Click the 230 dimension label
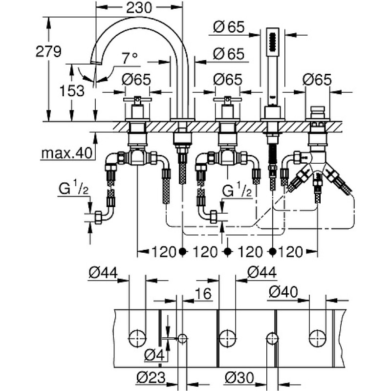(x=139, y=7)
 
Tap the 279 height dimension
(x=48, y=52)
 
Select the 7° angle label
(x=130, y=58)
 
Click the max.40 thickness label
(x=67, y=153)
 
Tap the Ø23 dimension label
(x=152, y=377)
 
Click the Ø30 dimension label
(x=239, y=377)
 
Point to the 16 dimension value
(x=203, y=293)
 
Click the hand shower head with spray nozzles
(x=273, y=42)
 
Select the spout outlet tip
(x=96, y=63)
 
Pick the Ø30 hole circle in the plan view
(x=272, y=339)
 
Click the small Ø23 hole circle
(x=182, y=338)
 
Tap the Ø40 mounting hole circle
(x=317, y=339)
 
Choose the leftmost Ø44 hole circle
(x=137, y=339)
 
